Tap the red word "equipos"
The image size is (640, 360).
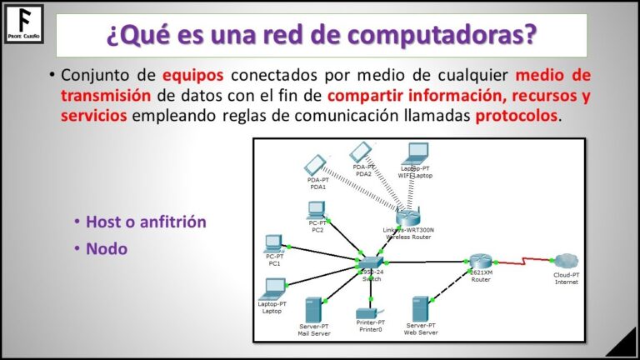pos(193,76)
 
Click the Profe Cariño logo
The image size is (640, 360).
pos(24,23)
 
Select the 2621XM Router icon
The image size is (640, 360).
pos(481,262)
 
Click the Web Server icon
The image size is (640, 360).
pos(421,309)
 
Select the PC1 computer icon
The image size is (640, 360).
pos(273,244)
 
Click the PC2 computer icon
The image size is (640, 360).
pos(317,210)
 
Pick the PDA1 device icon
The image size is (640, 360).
pos(316,164)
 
